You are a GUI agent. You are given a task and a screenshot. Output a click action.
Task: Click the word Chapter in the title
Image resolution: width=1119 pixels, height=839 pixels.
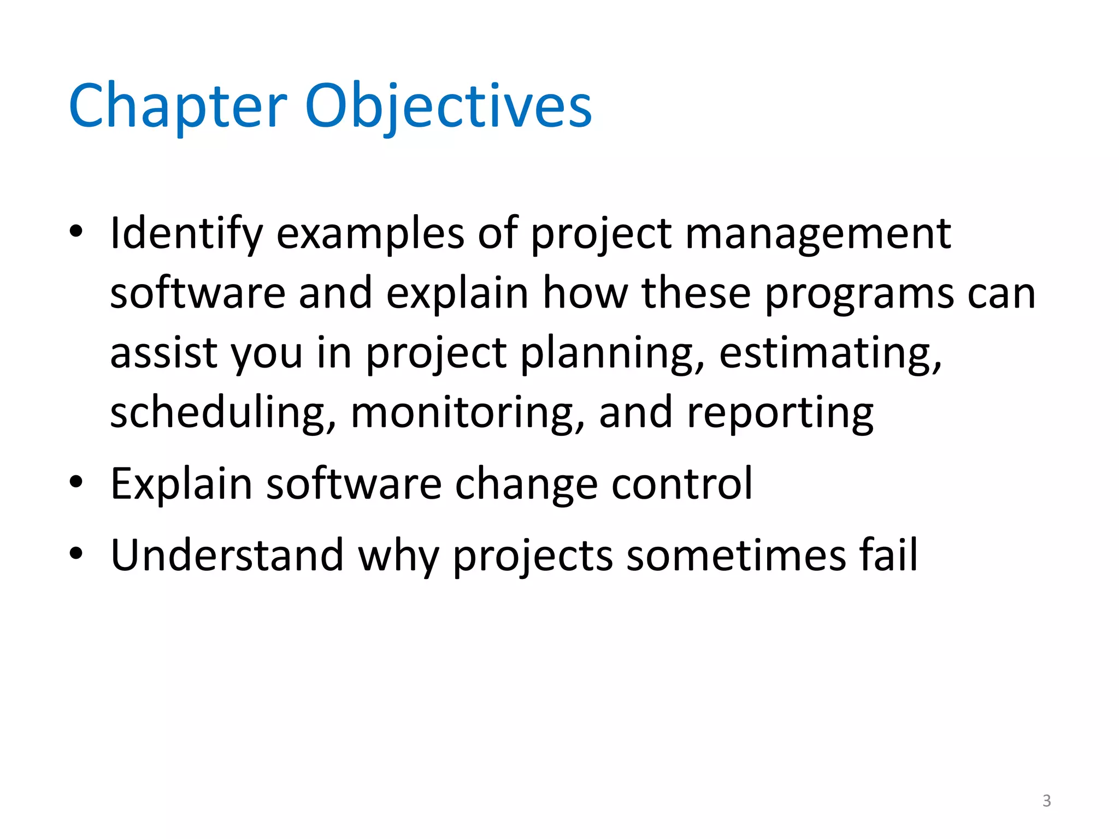point(178,107)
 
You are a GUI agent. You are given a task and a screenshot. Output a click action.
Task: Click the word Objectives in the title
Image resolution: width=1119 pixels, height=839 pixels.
point(448,107)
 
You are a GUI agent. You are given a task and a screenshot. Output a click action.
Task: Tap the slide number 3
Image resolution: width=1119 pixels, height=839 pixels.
point(1046,801)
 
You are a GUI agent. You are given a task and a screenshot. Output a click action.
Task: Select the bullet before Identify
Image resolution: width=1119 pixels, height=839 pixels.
point(76,232)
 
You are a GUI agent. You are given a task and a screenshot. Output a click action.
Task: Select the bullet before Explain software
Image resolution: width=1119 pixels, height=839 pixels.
point(76,482)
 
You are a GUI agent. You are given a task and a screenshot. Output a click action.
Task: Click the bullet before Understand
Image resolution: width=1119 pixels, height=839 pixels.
point(76,554)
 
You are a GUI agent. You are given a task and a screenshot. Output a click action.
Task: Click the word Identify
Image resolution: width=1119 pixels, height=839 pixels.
point(186,234)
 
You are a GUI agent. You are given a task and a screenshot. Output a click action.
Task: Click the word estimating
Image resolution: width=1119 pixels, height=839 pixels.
point(831,354)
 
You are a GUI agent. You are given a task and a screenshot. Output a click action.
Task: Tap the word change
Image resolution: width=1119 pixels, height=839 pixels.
point(526,485)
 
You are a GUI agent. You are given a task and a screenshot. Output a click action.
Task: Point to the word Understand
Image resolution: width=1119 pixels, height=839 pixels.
point(227,555)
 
